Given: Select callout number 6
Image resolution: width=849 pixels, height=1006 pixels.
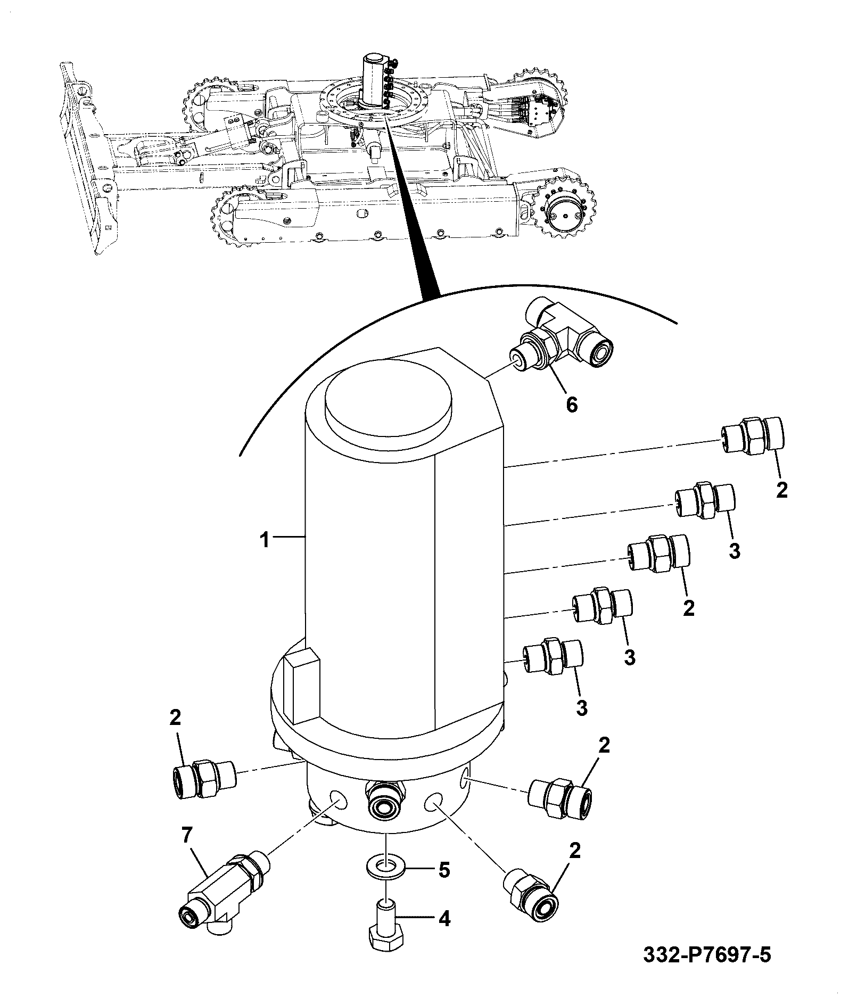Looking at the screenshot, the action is (x=571, y=405).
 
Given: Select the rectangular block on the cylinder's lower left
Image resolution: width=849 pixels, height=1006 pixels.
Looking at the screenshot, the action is (x=301, y=687).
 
